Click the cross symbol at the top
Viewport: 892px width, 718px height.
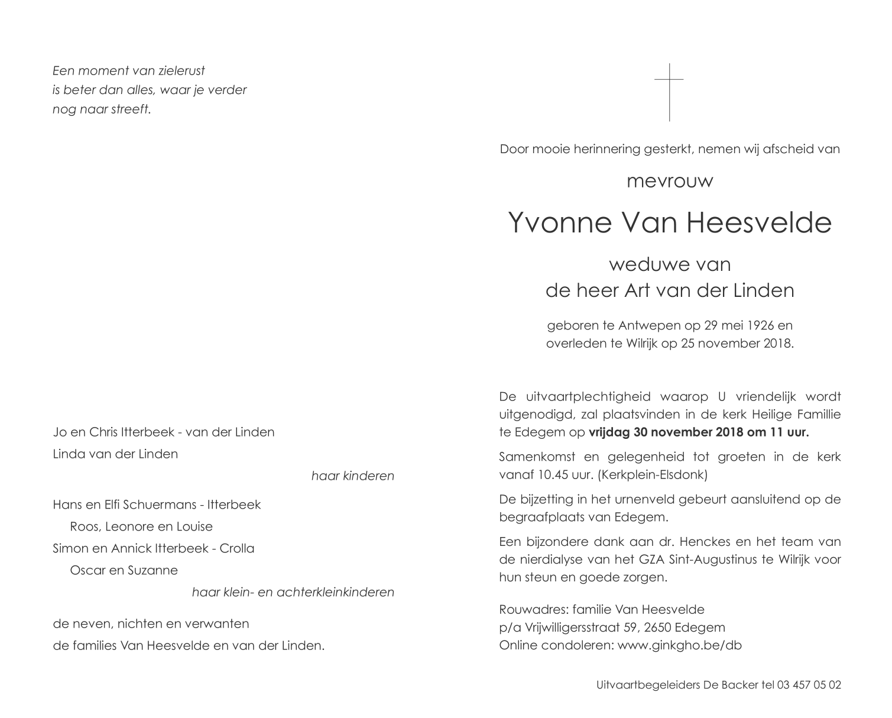669,92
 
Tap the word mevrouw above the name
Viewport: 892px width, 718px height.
670,180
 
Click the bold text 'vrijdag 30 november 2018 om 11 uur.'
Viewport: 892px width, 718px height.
699,432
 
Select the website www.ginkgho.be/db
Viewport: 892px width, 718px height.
679,645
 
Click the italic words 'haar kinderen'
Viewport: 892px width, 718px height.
352,476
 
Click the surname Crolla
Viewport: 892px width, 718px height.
236,549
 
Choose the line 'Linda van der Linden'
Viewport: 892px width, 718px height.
115,454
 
